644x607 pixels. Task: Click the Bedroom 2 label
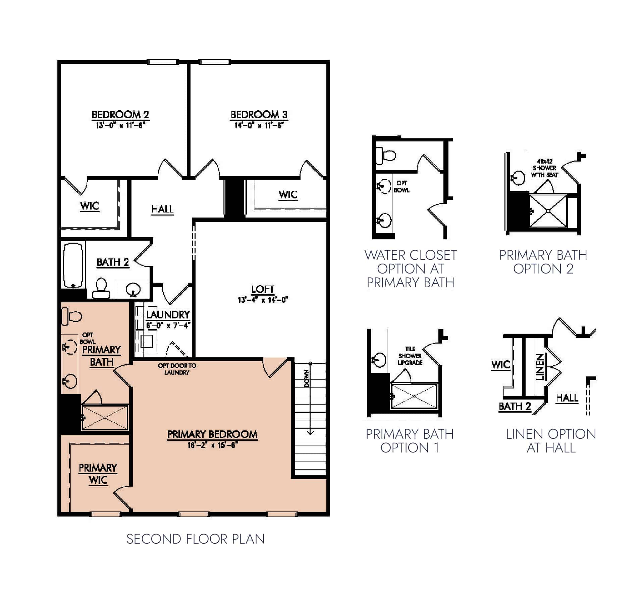click(120, 115)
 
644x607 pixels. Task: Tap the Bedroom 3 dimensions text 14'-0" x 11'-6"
click(259, 126)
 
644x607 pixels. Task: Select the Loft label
click(263, 289)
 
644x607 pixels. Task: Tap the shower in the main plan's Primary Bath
click(105, 417)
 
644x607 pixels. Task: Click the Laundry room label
click(168, 314)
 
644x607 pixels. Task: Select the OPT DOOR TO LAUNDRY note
click(177, 369)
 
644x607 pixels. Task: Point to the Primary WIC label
click(98, 474)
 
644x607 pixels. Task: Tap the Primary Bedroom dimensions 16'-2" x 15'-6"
click(212, 445)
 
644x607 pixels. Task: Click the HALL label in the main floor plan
click(162, 209)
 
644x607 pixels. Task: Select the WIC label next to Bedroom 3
click(288, 194)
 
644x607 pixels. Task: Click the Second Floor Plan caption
click(196, 539)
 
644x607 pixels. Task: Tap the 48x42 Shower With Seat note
click(544, 168)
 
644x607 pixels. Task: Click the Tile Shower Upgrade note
click(410, 356)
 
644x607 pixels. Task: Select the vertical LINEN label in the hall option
click(539, 367)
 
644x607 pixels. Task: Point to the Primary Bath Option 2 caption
click(543, 262)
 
